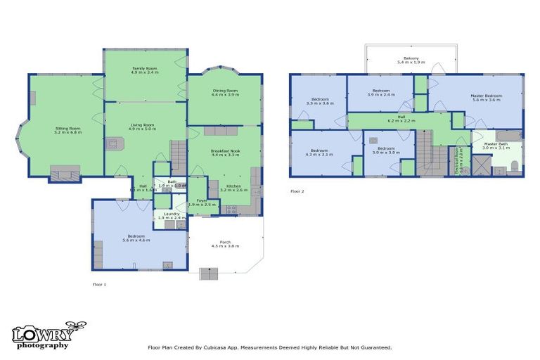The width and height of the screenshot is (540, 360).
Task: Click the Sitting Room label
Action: click(x=68, y=128)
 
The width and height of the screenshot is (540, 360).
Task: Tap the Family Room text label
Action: click(x=146, y=69)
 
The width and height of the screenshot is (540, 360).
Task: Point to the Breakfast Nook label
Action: click(x=225, y=150)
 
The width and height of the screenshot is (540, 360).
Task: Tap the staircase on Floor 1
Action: click(x=179, y=156)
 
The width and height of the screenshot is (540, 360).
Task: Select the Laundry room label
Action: click(x=171, y=214)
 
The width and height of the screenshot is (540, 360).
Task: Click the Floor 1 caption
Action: click(x=99, y=284)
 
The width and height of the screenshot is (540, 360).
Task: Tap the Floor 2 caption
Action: click(x=297, y=191)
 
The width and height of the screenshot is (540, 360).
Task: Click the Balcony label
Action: click(x=411, y=58)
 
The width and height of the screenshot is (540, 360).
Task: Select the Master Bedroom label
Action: click(x=486, y=96)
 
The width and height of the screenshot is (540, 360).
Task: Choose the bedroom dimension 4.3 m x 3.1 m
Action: click(x=319, y=154)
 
